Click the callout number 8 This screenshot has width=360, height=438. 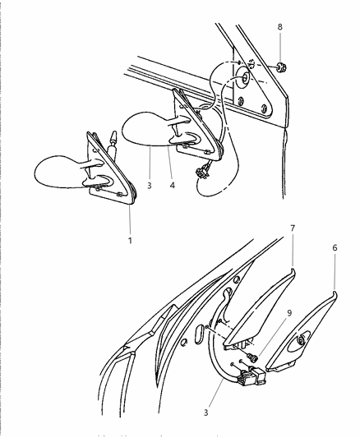point(279,27)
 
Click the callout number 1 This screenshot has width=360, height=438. point(130,240)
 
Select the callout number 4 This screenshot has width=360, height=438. point(173,185)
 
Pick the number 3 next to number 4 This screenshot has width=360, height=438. point(150,185)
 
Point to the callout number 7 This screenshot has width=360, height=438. point(293,228)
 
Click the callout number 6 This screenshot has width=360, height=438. point(335,248)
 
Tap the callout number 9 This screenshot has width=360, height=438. point(289,313)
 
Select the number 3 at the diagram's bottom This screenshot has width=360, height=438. point(205,413)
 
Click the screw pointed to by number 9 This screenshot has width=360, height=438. point(252,357)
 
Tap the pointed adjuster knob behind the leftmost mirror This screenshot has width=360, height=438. point(113,143)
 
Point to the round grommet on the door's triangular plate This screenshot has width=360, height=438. point(243,79)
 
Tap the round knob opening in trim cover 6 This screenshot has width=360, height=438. point(301,340)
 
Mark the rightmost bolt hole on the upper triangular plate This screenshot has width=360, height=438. point(264,108)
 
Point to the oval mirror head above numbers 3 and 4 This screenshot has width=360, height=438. point(145,129)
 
